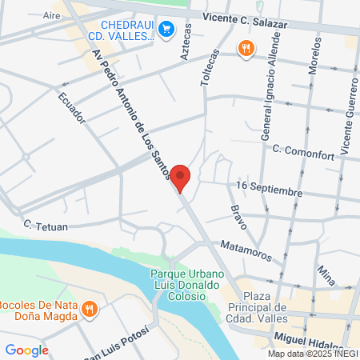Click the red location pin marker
(x=181, y=177)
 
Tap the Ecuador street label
(x=71, y=108)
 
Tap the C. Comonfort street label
(x=302, y=149)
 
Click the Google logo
(x=26, y=349)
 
